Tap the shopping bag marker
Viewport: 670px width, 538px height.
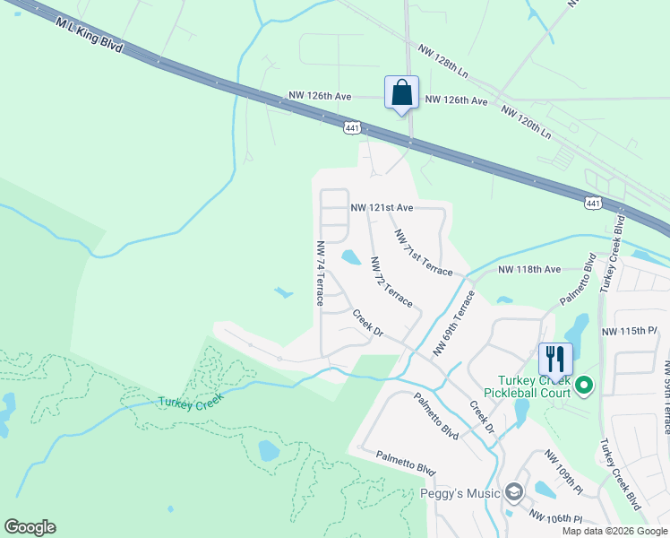pos(401,92)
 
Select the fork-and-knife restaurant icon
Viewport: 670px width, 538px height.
pos(554,360)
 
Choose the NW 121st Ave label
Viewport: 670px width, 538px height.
pos(382,207)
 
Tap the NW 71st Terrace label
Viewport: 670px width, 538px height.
pos(424,252)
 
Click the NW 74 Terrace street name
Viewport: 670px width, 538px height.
pos(319,273)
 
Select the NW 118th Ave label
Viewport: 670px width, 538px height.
pos(528,269)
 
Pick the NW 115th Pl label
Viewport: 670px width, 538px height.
pos(630,331)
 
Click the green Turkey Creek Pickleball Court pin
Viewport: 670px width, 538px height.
pos(585,386)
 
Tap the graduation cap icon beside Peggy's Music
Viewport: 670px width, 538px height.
pos(513,492)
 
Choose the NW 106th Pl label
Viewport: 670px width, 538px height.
pos(555,517)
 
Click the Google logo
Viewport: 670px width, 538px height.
pos(30,527)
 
